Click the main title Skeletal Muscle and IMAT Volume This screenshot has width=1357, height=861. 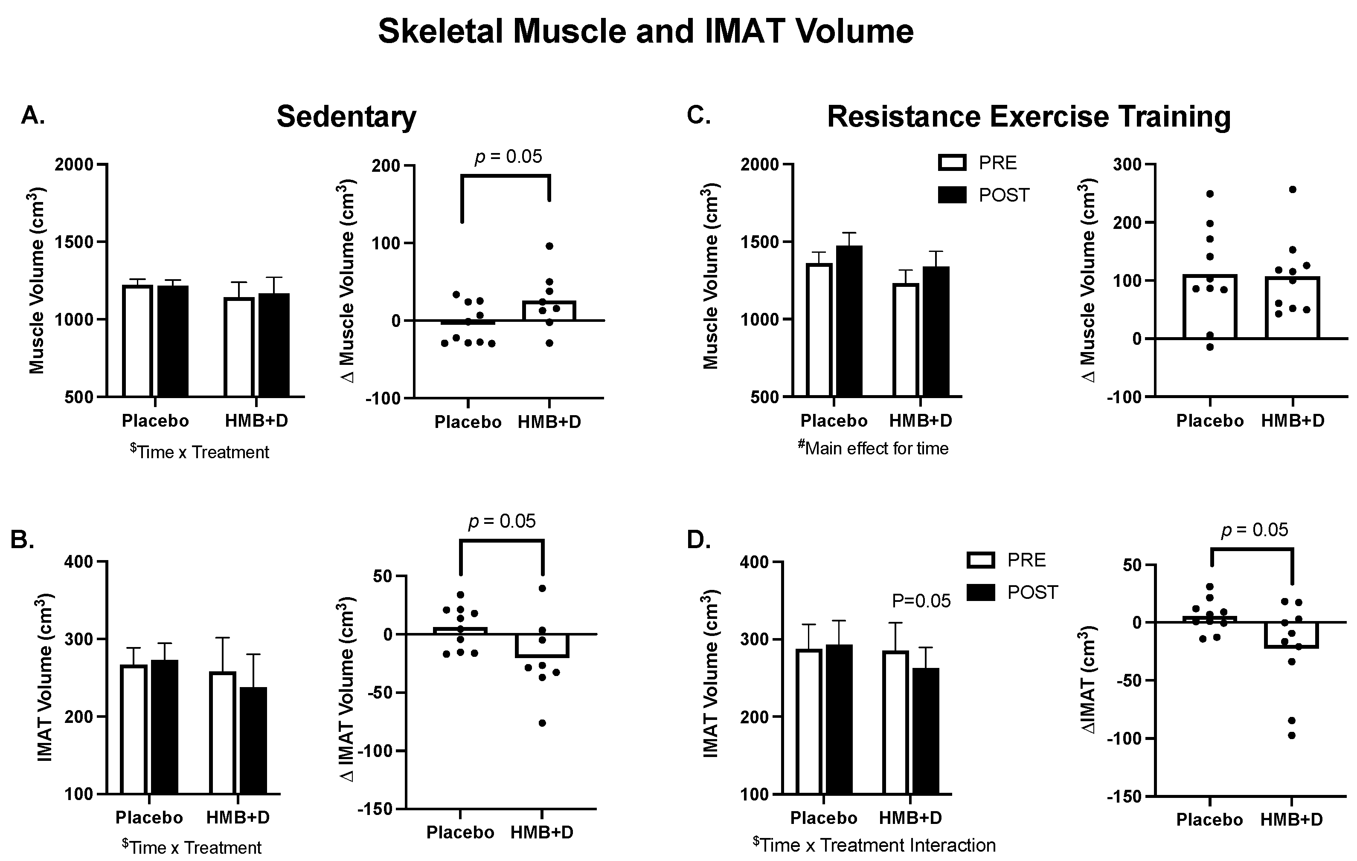pos(645,32)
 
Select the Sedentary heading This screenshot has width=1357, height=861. pos(346,117)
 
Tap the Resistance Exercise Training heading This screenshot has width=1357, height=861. pos(1029,117)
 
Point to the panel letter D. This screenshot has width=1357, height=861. pos(699,540)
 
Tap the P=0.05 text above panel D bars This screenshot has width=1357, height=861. pos(921,601)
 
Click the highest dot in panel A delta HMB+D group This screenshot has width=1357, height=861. pos(549,246)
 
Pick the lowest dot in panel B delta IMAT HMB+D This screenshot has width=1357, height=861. pos(542,723)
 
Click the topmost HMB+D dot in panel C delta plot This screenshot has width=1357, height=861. pos(1292,190)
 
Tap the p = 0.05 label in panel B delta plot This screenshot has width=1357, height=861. pos(502,521)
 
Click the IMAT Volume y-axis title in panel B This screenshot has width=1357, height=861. pos(46,677)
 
